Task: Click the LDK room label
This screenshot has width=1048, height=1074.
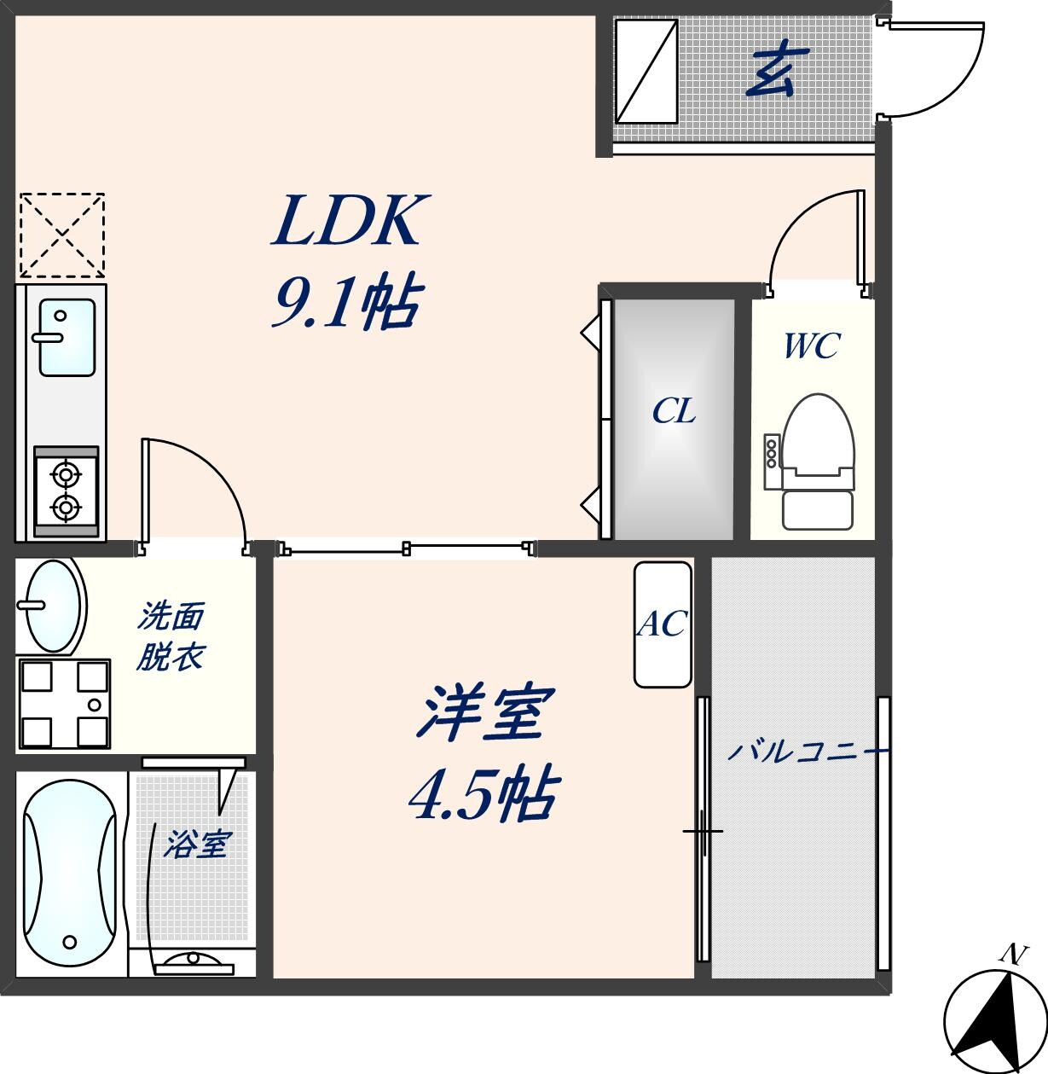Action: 345,221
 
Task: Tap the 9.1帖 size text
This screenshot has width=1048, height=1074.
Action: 345,305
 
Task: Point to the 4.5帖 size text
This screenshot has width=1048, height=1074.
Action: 483,795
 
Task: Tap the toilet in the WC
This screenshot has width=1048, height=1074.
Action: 818,461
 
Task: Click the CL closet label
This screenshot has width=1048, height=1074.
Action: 674,412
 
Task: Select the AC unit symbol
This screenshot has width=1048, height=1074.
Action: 663,624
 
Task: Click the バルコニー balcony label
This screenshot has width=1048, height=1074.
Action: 807,752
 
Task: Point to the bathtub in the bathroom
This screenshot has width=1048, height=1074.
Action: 69,874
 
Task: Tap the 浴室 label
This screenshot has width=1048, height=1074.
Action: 195,845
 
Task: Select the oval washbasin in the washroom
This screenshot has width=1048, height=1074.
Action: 53,605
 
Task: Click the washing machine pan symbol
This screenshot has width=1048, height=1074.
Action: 63,705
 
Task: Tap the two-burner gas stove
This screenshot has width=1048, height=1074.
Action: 66,491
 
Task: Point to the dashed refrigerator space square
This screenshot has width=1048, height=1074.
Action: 61,235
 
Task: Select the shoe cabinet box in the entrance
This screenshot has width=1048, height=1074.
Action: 646,71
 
